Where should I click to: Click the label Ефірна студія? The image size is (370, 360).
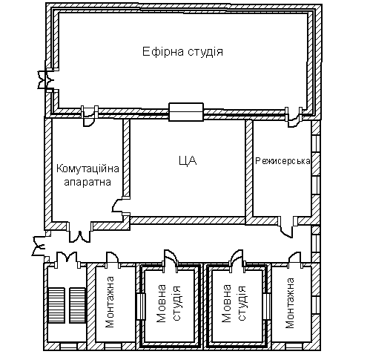(x=182, y=52)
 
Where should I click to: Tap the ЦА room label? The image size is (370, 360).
(x=188, y=160)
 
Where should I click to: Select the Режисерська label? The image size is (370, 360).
(x=283, y=161)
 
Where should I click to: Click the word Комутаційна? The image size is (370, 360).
(x=87, y=169)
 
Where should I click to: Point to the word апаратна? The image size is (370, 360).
(x=87, y=183)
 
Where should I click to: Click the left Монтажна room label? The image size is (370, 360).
(x=110, y=302)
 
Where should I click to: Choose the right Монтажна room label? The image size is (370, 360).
(x=290, y=303)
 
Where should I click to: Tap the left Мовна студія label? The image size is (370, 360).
(x=169, y=304)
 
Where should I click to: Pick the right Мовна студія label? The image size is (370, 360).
(x=234, y=304)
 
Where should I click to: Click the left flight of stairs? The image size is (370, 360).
(x=56, y=305)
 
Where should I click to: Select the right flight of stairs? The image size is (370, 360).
(x=78, y=305)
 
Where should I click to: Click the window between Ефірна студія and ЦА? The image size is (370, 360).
(x=186, y=112)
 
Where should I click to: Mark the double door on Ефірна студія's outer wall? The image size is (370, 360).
(x=45, y=79)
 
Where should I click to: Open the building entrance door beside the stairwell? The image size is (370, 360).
(x=39, y=246)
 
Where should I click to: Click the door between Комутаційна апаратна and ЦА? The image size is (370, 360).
(x=119, y=206)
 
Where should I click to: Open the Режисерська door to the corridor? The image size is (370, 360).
(x=287, y=228)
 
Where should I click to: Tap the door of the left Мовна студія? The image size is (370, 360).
(x=171, y=258)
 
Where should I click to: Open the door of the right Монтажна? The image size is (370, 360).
(x=295, y=258)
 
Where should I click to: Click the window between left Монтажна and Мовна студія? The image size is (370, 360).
(x=141, y=307)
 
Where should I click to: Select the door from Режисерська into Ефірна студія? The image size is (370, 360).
(x=294, y=119)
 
